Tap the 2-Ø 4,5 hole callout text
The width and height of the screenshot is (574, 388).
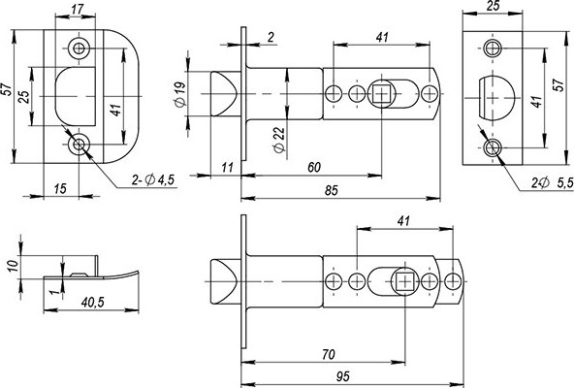[x=152, y=180]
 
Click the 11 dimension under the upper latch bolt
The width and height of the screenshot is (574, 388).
[x=226, y=168]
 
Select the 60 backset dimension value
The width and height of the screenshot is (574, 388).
[x=314, y=168]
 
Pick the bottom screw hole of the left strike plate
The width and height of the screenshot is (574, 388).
[x=78, y=145]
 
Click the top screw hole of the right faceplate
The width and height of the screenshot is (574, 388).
[x=494, y=47]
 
